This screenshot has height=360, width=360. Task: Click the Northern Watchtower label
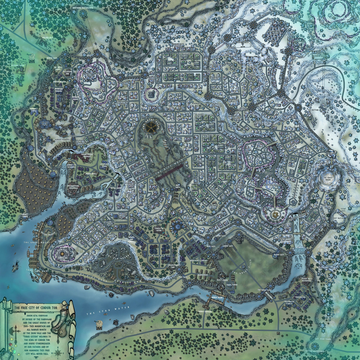tap(83, 7)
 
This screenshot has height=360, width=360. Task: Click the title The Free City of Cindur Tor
tap(34, 307)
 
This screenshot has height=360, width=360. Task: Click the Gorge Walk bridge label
tap(218, 297)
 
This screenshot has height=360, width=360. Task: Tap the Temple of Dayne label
tap(160, 230)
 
